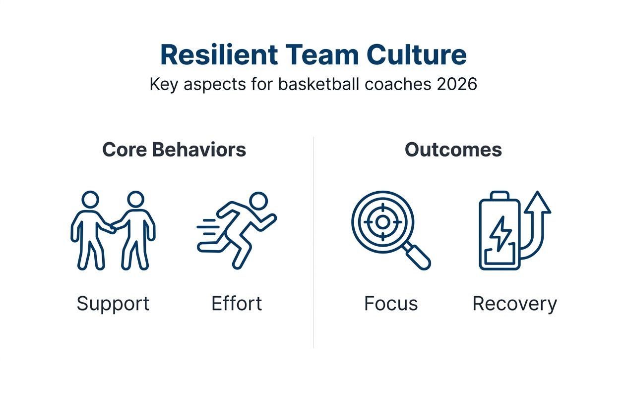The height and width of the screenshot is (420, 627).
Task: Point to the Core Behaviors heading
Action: click(174, 150)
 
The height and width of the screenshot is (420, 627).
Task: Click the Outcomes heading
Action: click(453, 150)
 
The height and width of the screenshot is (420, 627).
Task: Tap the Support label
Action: click(113, 303)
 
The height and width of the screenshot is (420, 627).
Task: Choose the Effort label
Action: click(237, 303)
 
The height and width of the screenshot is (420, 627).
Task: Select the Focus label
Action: click(391, 303)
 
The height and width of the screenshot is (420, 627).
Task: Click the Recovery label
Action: click(514, 303)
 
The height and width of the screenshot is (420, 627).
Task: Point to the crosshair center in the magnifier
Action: click(382, 222)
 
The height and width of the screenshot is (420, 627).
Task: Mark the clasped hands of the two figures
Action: click(113, 227)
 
